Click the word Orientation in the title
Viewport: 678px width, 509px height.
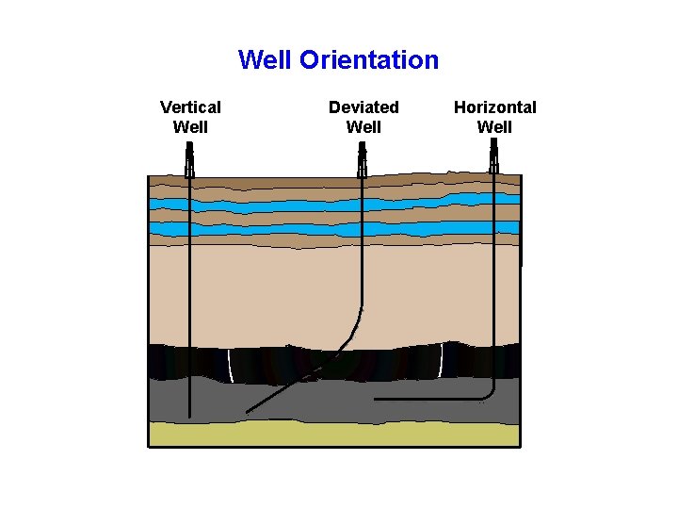click(369, 61)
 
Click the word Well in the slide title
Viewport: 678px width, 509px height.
click(266, 61)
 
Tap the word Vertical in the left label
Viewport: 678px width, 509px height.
click(190, 107)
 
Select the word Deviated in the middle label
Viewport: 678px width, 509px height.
click(363, 107)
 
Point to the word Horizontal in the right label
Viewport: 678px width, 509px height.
click(494, 107)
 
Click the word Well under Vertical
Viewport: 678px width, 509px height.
click(190, 126)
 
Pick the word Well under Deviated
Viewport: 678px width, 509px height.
click(363, 126)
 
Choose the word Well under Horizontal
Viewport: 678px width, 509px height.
click(494, 126)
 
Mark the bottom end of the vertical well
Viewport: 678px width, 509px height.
click(189, 415)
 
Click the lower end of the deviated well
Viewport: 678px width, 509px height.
click(249, 411)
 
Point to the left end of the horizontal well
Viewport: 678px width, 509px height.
click(377, 400)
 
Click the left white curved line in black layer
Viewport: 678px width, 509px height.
click(230, 365)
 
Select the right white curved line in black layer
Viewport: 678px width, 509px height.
click(441, 360)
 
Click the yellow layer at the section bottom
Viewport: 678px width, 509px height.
click(334, 434)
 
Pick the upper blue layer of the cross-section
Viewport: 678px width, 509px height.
click(334, 205)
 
